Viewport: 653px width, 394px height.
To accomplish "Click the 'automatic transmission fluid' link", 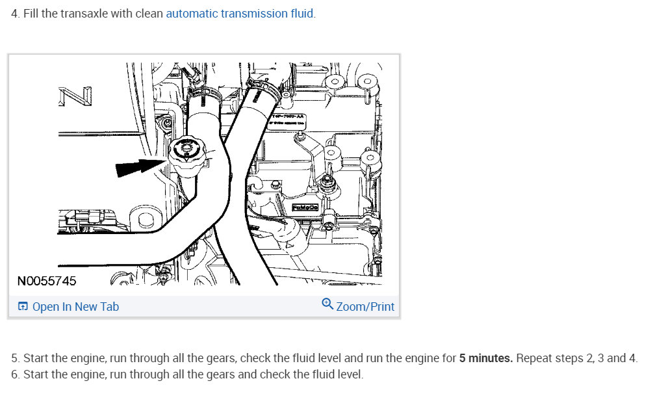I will [x=240, y=14].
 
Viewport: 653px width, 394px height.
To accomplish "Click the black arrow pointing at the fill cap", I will [x=137, y=168].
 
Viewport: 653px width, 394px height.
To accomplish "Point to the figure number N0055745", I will [x=46, y=281].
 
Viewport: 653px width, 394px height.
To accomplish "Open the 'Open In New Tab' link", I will [x=75, y=307].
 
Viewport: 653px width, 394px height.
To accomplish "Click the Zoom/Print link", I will [x=365, y=306].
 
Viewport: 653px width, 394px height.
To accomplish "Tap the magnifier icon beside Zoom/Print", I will [x=327, y=304].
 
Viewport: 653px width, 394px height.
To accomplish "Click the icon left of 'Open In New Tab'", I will [x=23, y=307].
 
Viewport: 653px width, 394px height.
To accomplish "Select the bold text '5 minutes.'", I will [x=486, y=358].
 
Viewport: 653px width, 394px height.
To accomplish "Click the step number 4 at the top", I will [x=15, y=14].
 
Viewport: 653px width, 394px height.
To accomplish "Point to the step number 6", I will [x=15, y=374].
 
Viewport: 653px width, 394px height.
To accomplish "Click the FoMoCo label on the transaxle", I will [x=304, y=207].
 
